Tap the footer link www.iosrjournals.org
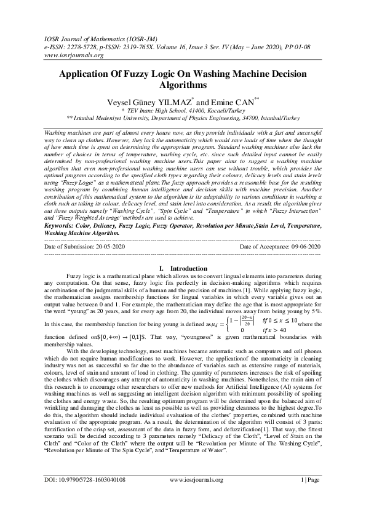196,496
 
